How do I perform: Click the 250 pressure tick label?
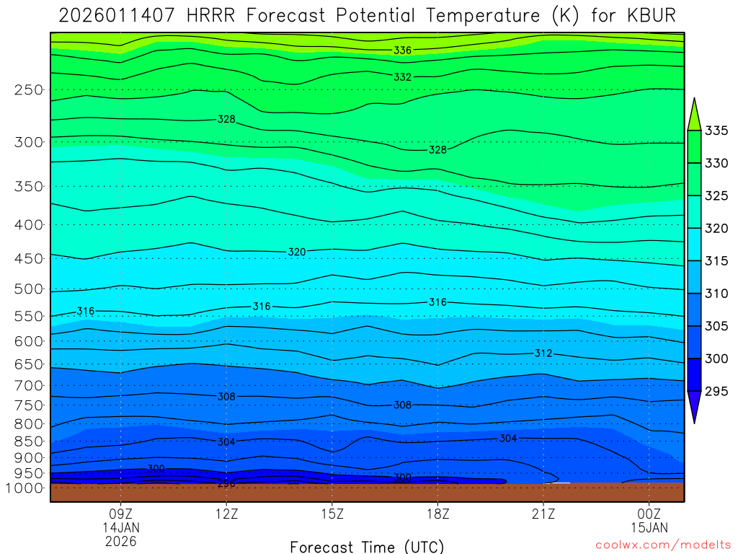click(x=28, y=89)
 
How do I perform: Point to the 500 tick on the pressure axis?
click(x=28, y=289)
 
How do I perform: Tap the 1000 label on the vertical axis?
click(x=25, y=488)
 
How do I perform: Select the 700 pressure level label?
click(x=28, y=385)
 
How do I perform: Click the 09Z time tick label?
click(x=120, y=514)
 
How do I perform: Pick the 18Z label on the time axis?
click(x=437, y=514)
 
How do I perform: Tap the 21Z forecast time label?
click(x=543, y=514)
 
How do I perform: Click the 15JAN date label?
click(x=649, y=527)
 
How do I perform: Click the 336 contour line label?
click(x=403, y=50)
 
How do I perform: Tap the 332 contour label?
click(x=403, y=76)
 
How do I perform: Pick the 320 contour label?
click(x=297, y=252)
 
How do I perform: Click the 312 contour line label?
click(x=543, y=353)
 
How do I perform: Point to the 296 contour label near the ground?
click(x=226, y=483)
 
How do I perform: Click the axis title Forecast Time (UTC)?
click(x=367, y=546)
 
